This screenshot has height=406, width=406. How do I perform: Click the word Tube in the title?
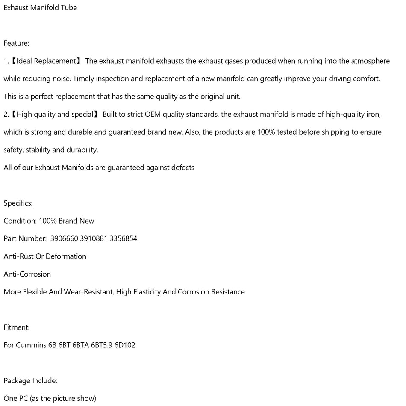click(x=69, y=8)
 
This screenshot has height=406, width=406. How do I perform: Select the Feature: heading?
click(x=16, y=43)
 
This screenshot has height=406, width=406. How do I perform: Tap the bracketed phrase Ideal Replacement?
click(x=46, y=61)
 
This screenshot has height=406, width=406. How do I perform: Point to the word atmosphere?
click(x=370, y=61)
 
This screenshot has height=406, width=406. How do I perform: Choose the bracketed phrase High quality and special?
click(x=55, y=114)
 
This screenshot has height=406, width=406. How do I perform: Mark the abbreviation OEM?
click(x=153, y=114)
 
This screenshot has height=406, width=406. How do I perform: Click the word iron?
click(x=373, y=114)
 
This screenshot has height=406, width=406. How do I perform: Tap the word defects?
click(x=182, y=168)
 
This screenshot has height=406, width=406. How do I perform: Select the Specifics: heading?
click(x=18, y=203)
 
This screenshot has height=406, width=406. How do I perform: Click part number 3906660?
click(x=64, y=238)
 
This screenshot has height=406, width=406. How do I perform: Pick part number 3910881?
click(x=94, y=238)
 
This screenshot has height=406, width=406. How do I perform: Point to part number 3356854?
click(x=123, y=238)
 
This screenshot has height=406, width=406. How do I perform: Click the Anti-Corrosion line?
click(x=27, y=274)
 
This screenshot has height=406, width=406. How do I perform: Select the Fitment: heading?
click(x=17, y=327)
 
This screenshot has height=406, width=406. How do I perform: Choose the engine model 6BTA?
click(x=80, y=345)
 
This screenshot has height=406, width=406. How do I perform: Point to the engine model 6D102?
click(x=124, y=345)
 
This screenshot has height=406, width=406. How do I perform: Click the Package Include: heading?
click(x=30, y=380)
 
